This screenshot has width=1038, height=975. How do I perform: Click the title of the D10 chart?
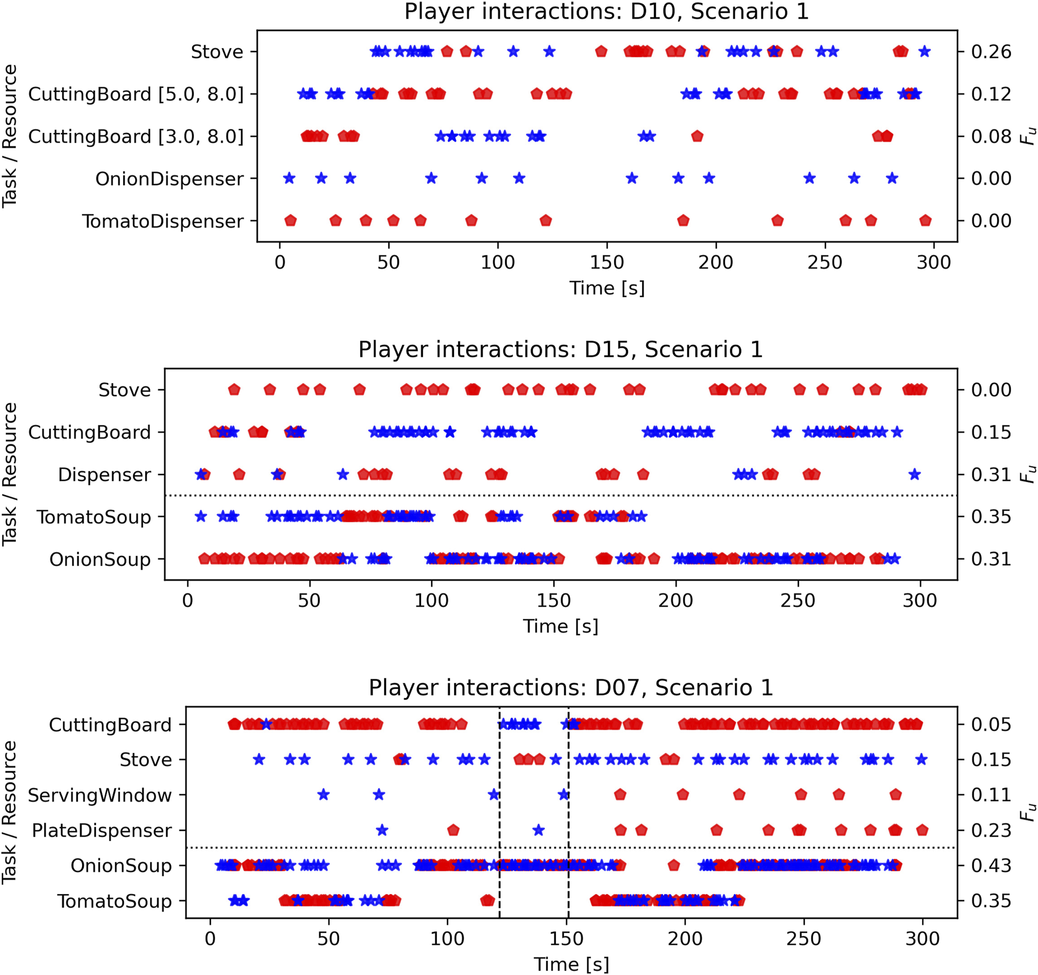click(606, 12)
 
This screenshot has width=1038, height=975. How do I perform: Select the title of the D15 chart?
click(561, 349)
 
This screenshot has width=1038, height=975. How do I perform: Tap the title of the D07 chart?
click(571, 687)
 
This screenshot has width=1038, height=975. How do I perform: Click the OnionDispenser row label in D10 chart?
click(169, 179)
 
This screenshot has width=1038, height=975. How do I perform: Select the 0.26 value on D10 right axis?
click(991, 52)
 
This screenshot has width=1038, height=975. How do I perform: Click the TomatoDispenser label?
click(163, 221)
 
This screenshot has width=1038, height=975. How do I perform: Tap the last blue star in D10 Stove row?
click(924, 52)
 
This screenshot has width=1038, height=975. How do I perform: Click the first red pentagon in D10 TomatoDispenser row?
click(291, 221)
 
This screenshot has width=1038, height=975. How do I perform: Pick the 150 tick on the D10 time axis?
click(607, 262)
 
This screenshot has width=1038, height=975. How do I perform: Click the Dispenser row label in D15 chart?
click(104, 475)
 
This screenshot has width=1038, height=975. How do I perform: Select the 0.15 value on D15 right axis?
click(991, 432)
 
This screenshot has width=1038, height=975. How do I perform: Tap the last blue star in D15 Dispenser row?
click(914, 475)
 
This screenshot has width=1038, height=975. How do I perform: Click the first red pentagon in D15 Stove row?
click(234, 390)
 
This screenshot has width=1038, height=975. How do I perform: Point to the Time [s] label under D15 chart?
click(561, 626)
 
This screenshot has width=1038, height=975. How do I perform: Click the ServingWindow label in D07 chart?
click(100, 795)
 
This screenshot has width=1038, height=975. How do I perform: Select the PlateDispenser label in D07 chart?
click(101, 830)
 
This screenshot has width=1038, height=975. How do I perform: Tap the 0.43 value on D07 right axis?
click(991, 865)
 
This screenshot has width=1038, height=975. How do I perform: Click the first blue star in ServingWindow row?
click(323, 795)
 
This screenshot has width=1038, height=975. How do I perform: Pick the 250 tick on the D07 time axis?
click(804, 939)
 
